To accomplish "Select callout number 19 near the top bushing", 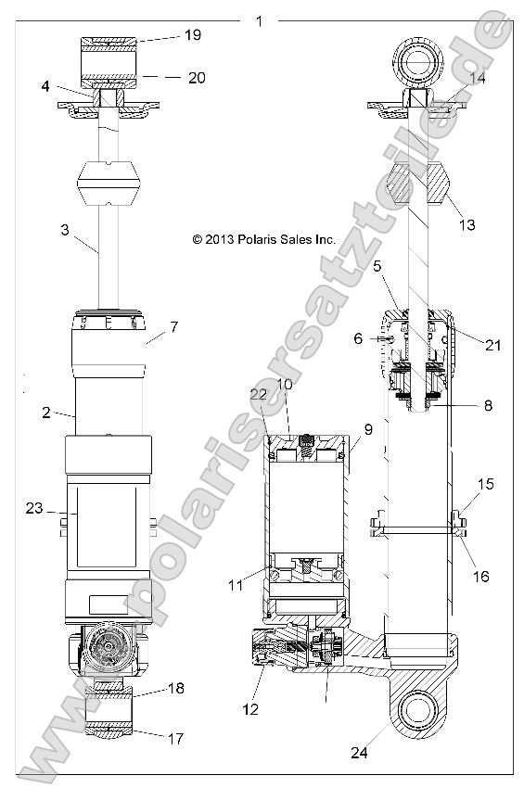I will tap(193, 36).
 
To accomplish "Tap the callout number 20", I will tap(196, 78).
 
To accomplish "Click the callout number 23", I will tap(34, 507).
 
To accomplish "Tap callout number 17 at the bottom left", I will tap(176, 739).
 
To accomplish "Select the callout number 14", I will tap(477, 80).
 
